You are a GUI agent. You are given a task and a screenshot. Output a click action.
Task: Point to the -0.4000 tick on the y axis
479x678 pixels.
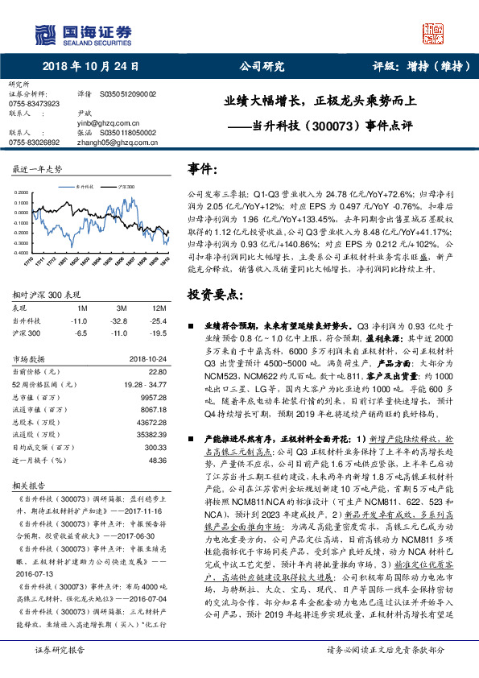22,252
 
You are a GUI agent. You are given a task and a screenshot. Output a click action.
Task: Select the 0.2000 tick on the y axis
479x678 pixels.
22,192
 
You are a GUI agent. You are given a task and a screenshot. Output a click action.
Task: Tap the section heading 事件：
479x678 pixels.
203,169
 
